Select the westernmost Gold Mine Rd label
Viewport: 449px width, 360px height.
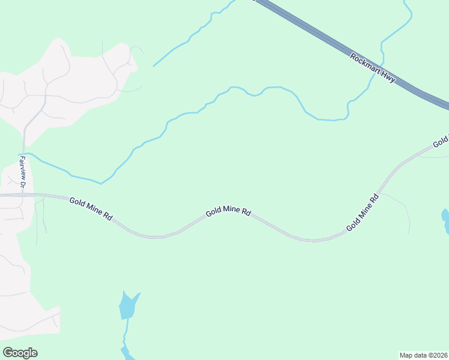point(91,209)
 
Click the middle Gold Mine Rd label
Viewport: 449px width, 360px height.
point(228,212)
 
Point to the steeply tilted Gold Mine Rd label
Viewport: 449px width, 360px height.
point(363,213)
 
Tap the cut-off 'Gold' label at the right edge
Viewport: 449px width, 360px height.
point(441,142)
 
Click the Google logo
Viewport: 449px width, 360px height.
point(20,353)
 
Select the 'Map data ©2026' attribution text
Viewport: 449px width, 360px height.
point(424,355)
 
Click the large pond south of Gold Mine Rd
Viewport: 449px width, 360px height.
point(128,306)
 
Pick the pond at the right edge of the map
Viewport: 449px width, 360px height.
point(445,221)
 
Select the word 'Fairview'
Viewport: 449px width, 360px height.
point(22,169)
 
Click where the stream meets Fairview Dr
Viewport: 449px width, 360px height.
point(24,154)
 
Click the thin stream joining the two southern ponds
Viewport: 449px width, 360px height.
point(127,333)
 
